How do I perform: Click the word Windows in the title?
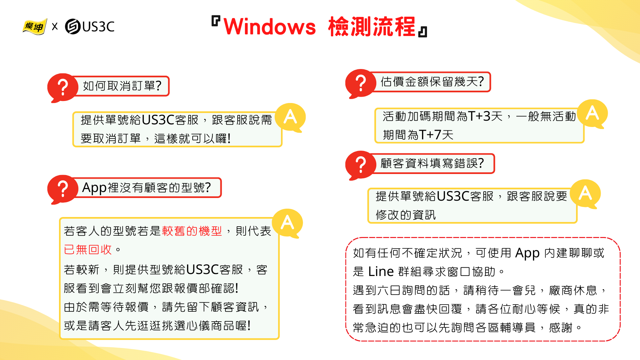pyautogui.click(x=269, y=27)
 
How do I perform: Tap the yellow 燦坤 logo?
pyautogui.click(x=34, y=26)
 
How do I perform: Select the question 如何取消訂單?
pyautogui.click(x=122, y=86)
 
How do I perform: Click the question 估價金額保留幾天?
pyautogui.click(x=432, y=82)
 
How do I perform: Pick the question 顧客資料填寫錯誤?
pyautogui.click(x=432, y=163)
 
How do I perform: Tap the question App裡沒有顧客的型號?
pyautogui.click(x=146, y=188)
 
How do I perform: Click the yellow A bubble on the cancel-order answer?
pyautogui.click(x=290, y=117)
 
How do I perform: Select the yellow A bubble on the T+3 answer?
pyautogui.click(x=592, y=113)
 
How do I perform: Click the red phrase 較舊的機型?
pyautogui.click(x=192, y=231)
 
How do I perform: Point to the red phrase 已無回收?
pyautogui.click(x=88, y=249)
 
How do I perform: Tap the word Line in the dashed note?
pyautogui.click(x=381, y=272)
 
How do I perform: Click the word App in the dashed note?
pyautogui.click(x=527, y=253)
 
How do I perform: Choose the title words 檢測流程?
pyautogui.click(x=372, y=27)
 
